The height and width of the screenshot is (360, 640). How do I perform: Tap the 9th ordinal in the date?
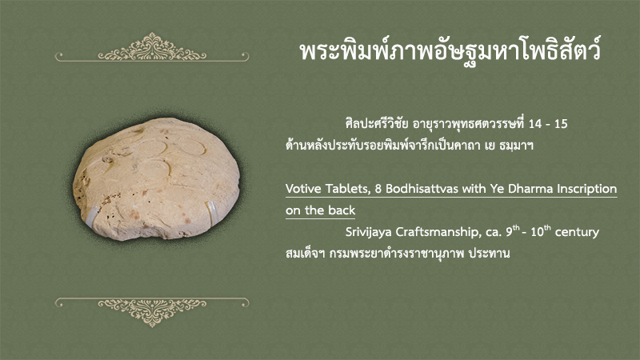point(513,231)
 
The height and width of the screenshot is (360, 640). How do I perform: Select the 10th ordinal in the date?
point(541,231)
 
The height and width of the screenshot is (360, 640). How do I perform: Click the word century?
point(577,233)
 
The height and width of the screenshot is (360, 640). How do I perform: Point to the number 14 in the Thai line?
point(535,124)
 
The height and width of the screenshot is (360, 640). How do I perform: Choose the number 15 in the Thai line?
point(561,124)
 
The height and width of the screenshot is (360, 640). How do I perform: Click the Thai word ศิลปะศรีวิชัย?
point(376,123)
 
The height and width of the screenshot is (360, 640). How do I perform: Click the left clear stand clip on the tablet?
point(91,217)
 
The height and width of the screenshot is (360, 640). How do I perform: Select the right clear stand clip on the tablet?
point(211,212)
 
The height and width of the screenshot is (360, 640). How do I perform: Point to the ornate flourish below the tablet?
point(152,312)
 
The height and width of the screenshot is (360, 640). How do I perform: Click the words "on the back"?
point(321,210)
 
